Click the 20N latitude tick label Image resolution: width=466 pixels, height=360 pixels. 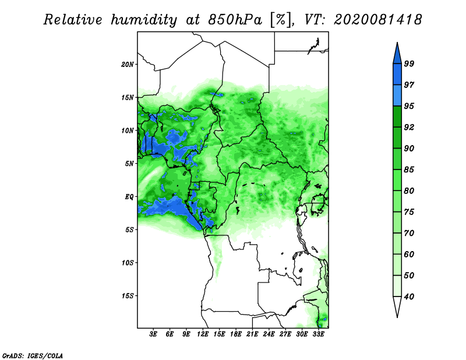click(x=128, y=65)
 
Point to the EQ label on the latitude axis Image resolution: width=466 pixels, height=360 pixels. click(x=129, y=197)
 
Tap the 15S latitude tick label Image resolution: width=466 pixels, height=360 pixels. click(x=128, y=296)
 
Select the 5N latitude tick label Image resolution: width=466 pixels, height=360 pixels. click(x=129, y=164)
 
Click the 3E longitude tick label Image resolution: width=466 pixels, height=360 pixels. click(x=153, y=334)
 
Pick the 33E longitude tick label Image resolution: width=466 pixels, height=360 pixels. click(x=318, y=334)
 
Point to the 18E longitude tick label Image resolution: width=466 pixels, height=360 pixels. click(x=236, y=334)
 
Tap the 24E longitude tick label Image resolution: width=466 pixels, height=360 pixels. click(x=269, y=334)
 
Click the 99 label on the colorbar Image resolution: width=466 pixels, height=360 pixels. click(x=409, y=63)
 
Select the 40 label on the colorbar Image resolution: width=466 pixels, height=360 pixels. click(x=409, y=297)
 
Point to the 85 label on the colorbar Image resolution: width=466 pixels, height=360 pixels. click(x=409, y=170)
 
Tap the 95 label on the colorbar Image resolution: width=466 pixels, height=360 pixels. click(x=409, y=106)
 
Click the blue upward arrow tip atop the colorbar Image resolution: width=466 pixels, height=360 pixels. click(x=397, y=43)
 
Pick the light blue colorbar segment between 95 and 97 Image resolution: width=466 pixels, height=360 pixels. click(x=397, y=96)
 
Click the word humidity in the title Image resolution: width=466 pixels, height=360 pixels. click(x=144, y=20)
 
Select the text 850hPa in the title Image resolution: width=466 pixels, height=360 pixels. click(x=235, y=20)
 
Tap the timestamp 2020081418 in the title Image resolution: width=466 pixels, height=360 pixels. click(x=377, y=20)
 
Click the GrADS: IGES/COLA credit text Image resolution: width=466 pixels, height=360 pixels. click(x=33, y=355)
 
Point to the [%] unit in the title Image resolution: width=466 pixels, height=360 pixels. click(x=281, y=20)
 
